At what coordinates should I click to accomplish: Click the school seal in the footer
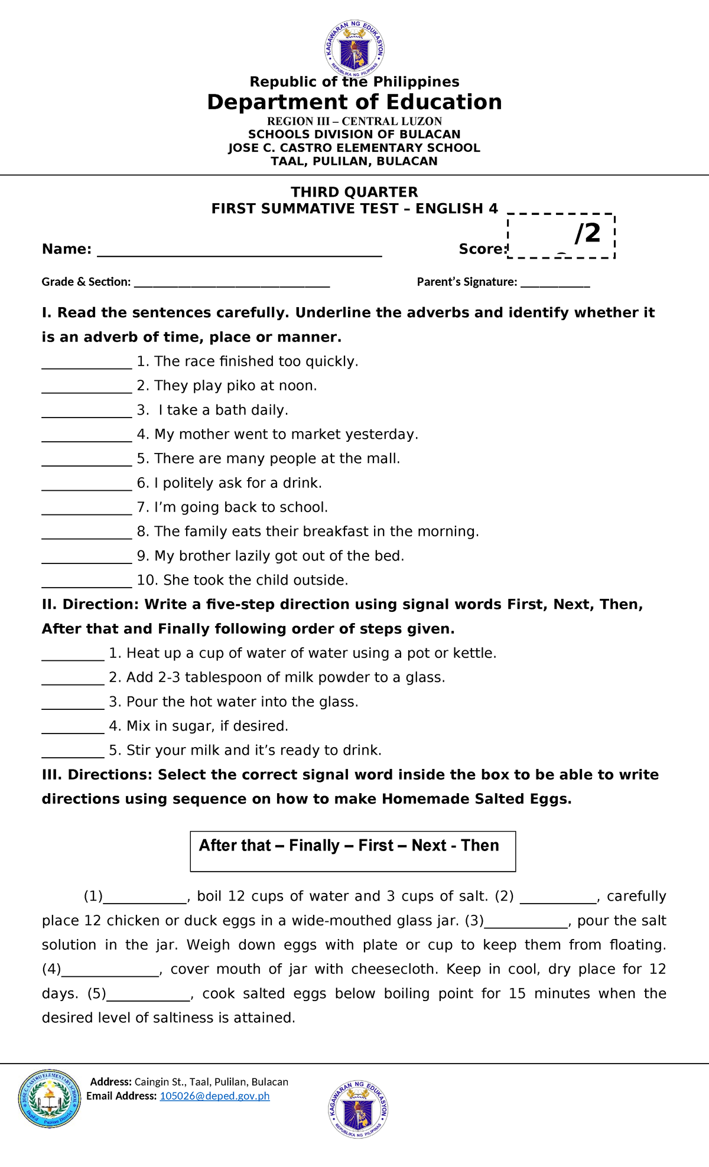click(50, 1098)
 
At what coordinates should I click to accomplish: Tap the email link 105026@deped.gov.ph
click(214, 1096)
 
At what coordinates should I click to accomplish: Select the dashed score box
click(561, 236)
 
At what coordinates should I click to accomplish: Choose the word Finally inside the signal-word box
click(314, 846)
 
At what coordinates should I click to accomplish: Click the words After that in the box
click(235, 846)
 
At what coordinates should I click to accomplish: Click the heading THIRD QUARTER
click(354, 192)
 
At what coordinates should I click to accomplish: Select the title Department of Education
click(354, 102)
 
